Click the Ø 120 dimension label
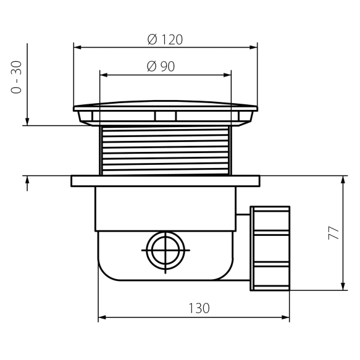point(165,39)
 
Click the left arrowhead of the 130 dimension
point(103,317)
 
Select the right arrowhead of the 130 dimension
point(285,317)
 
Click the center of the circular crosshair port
point(165,251)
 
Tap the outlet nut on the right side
point(270,248)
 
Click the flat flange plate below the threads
point(165,181)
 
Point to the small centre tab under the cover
point(165,115)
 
